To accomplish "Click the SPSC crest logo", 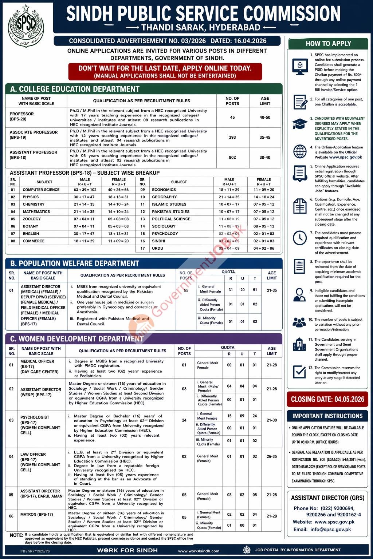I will (x=25, y=25).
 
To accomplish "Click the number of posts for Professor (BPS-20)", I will (x=232, y=118).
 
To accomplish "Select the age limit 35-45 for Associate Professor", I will (x=265, y=138).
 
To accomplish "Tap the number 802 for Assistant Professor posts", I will (x=232, y=158).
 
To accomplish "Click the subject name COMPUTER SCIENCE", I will (x=41, y=190).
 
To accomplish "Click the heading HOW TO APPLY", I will (x=328, y=44).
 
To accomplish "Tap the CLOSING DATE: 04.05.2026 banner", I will (x=327, y=399).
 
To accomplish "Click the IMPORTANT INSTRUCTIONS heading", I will (x=327, y=416).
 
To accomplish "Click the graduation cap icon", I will (x=300, y=124).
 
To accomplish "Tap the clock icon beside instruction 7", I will (x=300, y=238).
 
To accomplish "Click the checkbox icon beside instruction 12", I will (x=299, y=372).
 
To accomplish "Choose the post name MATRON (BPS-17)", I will (x=36, y=514).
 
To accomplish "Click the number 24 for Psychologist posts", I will (x=184, y=420).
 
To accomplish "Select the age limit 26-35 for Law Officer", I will (x=271, y=456).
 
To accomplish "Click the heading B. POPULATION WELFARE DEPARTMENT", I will (x=74, y=263).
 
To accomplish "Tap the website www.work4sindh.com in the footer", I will (x=199, y=551).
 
